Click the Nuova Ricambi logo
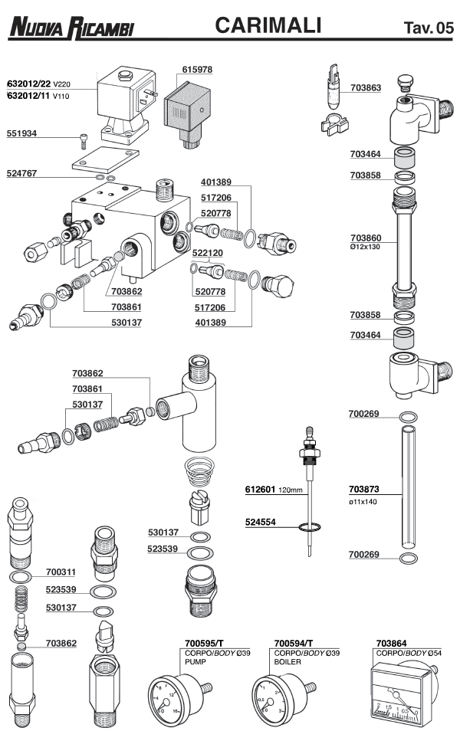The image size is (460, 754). [x=71, y=29]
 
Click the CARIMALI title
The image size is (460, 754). [x=268, y=27]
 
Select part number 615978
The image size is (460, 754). [x=197, y=70]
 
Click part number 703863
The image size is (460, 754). [x=366, y=88]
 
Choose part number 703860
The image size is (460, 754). [x=366, y=238]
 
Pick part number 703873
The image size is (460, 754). [x=365, y=489]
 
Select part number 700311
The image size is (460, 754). [x=61, y=572]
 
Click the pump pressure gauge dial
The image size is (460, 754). [x=172, y=696]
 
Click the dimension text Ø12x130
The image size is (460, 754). [x=366, y=248]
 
